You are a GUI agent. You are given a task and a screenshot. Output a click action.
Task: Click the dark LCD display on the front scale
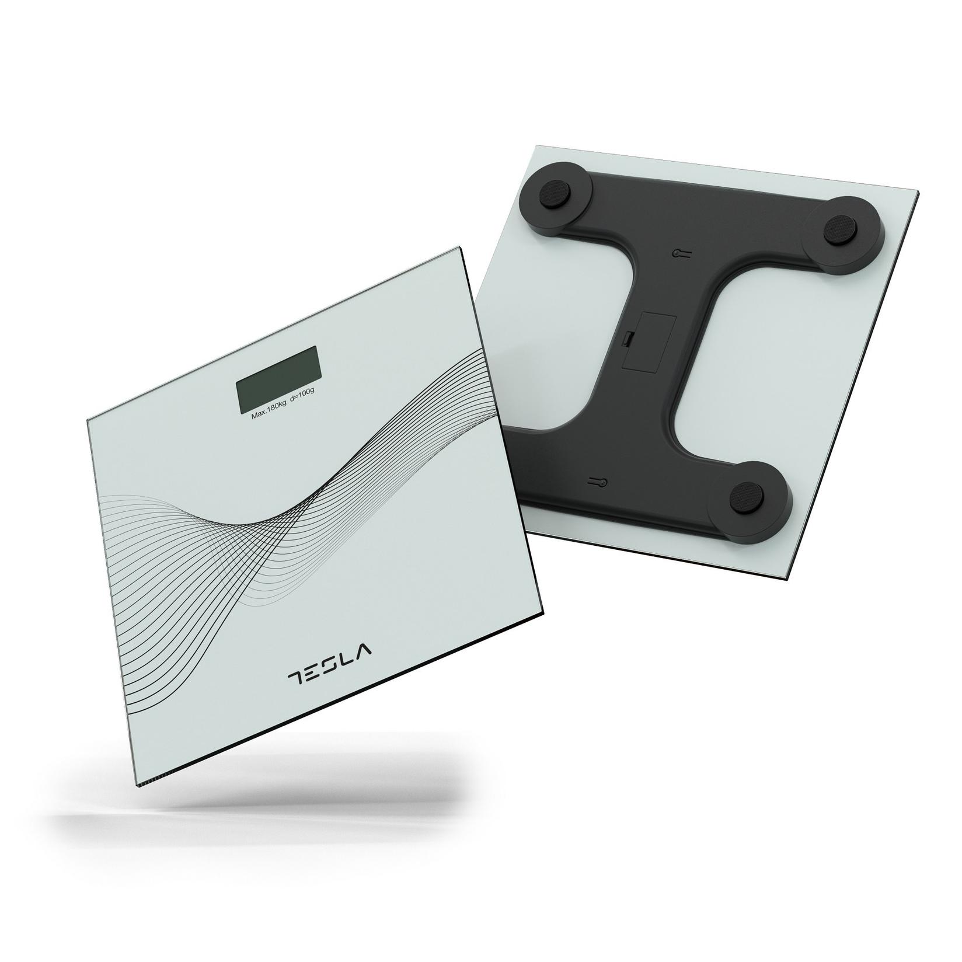point(278,379)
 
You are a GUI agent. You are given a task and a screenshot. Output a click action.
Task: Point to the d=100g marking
point(302,407)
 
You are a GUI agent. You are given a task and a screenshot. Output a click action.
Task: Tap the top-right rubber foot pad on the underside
point(839,224)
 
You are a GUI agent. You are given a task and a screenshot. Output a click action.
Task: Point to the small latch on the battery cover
point(628,339)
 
